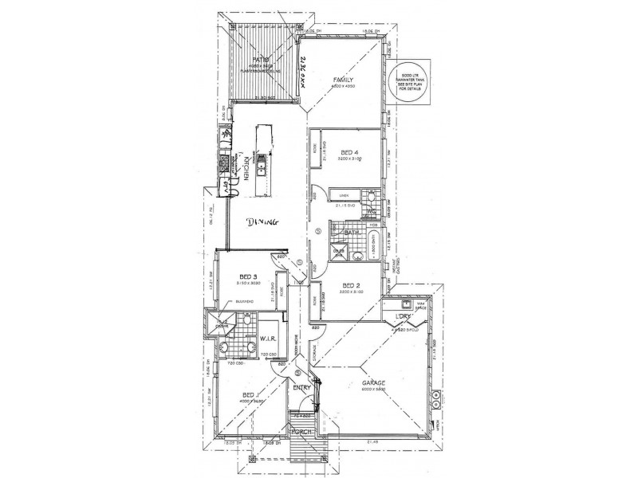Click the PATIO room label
(259, 61)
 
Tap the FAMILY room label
(343, 81)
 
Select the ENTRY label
(301, 388)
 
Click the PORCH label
(301, 432)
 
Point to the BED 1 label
(250, 396)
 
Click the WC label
(371, 211)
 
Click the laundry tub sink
(406, 304)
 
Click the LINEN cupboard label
(344, 194)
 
